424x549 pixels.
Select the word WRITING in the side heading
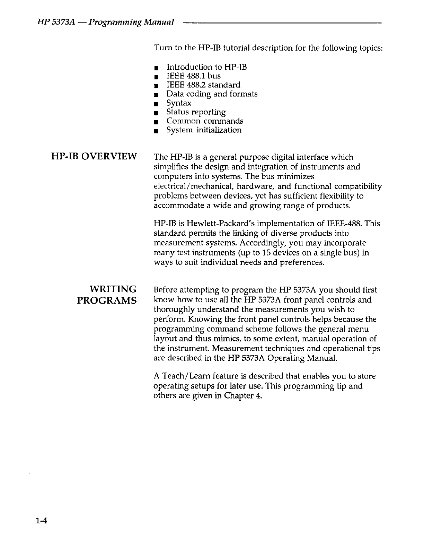point(113,289)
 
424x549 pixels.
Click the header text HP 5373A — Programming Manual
point(105,23)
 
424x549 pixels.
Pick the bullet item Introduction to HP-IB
point(206,67)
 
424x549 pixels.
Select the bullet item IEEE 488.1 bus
point(193,76)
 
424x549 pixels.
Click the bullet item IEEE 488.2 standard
point(203,85)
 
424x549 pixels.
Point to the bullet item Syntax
point(179,103)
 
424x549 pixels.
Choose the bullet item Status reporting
point(196,112)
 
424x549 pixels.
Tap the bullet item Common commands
point(205,121)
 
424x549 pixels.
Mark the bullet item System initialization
point(204,130)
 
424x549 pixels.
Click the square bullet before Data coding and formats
point(157,95)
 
